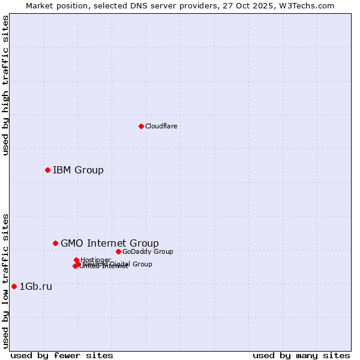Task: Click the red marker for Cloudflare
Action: [141, 126]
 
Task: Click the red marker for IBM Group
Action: [47, 170]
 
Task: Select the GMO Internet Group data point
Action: [55, 243]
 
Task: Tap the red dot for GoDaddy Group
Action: [118, 251]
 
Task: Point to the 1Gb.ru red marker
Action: [14, 286]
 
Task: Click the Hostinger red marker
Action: [76, 260]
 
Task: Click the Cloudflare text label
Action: [161, 126]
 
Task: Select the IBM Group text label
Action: [78, 170]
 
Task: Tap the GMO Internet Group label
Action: [110, 243]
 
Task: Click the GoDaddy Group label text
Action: [148, 251]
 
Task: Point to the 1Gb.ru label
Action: [36, 287]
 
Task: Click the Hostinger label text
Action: [96, 260]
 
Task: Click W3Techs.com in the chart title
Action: [309, 5]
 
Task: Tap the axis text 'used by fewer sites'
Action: [62, 355]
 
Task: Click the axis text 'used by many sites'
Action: [301, 355]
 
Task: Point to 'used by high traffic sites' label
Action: [5, 85]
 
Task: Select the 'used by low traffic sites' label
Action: [5, 281]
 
